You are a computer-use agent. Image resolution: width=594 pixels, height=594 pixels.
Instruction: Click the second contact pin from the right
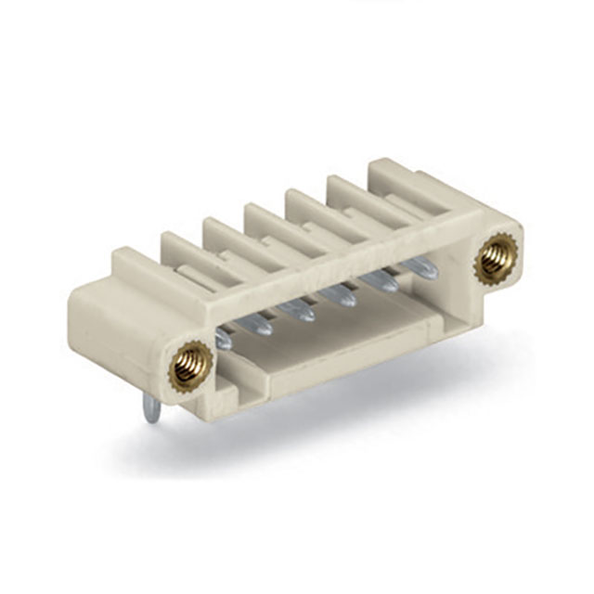click(381, 280)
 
